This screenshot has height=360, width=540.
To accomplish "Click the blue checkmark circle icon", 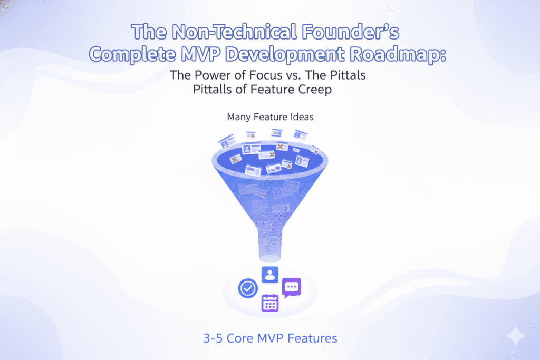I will [x=247, y=288].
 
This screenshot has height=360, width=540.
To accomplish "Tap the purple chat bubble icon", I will [x=291, y=287].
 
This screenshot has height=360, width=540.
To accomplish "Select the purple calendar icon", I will [x=269, y=303].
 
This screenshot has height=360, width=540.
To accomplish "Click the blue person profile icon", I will [x=269, y=274].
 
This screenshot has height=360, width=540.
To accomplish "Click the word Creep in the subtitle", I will [x=316, y=90].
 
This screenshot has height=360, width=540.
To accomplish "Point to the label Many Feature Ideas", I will [x=270, y=117].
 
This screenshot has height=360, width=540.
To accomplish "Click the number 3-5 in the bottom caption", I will [x=213, y=338].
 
